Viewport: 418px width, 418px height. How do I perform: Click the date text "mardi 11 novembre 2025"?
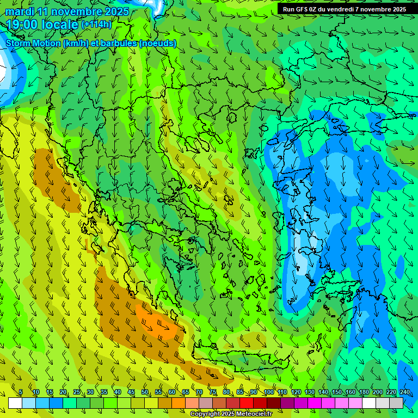67,11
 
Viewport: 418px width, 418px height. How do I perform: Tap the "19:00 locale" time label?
42,24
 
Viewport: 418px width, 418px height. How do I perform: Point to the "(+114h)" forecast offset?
96,24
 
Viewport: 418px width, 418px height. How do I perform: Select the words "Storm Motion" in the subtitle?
33,43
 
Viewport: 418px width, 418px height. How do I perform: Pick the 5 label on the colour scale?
21,392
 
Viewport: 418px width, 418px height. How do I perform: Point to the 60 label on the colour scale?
171,392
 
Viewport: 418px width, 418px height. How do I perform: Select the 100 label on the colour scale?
268,392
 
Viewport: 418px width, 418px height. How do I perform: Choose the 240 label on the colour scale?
404,392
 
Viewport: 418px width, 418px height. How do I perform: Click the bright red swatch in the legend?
247,403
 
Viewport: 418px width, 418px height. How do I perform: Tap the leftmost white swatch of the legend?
15,403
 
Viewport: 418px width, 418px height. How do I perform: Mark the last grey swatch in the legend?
396,403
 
